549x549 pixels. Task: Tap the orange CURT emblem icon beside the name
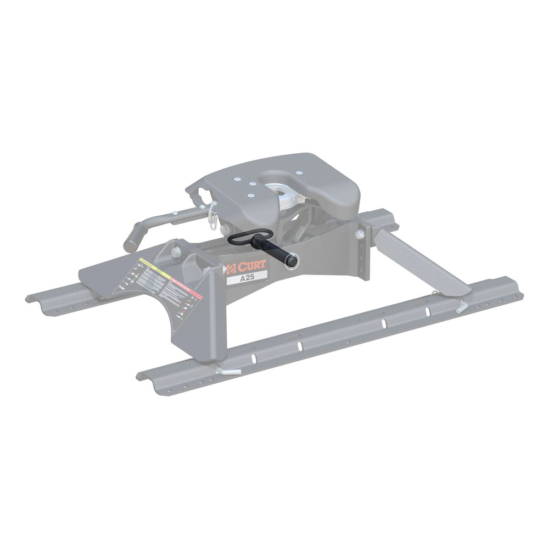coord(231,268)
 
